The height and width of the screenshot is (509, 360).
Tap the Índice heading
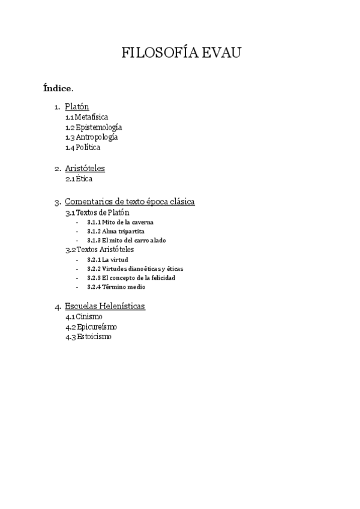(58, 89)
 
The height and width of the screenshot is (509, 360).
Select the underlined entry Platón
(77, 107)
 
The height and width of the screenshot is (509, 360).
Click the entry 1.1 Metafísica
(87, 117)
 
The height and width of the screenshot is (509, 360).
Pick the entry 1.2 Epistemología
(94, 127)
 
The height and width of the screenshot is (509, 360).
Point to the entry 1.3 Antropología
(92, 137)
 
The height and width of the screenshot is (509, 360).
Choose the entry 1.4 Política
(83, 148)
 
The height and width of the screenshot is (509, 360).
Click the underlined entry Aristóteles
(85, 169)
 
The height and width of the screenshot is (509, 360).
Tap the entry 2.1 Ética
(79, 179)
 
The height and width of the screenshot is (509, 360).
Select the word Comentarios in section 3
(90, 202)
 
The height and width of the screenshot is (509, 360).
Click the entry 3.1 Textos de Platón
(97, 212)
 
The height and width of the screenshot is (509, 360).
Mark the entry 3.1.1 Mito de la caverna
(120, 222)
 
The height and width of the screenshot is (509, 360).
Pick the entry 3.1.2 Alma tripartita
(115, 231)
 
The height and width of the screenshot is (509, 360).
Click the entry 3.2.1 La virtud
(107, 259)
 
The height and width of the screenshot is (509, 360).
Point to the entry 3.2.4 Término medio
(116, 287)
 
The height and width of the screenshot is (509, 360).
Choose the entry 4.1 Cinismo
(84, 316)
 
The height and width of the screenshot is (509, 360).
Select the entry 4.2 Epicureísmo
(91, 327)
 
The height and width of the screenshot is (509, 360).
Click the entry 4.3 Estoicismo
(88, 337)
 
